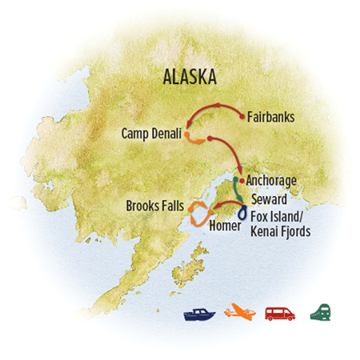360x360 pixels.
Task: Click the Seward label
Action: coord(266,198)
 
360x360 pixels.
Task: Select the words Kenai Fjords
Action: coord(279,232)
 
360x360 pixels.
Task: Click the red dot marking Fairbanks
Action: coord(240,117)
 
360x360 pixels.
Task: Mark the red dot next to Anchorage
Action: coord(241,181)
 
